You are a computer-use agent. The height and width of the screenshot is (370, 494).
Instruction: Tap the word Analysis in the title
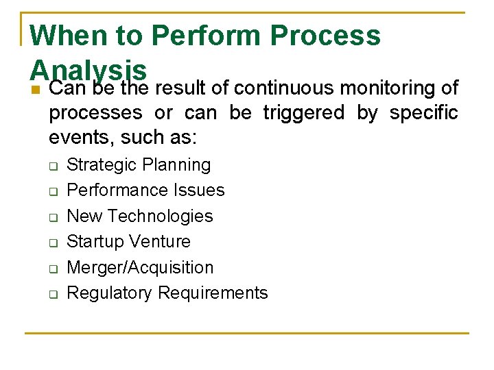click(x=89, y=69)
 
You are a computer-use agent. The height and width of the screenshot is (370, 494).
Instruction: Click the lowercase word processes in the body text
click(x=95, y=113)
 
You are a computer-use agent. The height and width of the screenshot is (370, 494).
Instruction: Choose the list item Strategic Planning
click(x=139, y=165)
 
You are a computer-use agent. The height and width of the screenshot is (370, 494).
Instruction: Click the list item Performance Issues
click(x=145, y=190)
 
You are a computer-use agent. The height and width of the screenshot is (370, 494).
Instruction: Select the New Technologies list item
click(x=140, y=216)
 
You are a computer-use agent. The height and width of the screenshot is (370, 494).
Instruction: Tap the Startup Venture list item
click(x=128, y=241)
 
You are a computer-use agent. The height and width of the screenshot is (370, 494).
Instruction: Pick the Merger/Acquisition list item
click(x=140, y=267)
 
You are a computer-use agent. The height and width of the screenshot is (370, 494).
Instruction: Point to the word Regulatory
click(x=110, y=293)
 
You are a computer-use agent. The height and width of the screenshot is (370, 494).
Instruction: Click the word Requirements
click(x=213, y=293)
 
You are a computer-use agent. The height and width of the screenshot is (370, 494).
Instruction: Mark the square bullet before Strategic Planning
click(x=52, y=166)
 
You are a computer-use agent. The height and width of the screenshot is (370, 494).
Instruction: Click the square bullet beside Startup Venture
click(x=52, y=243)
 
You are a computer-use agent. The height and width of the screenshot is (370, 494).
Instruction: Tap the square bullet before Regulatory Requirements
click(x=52, y=295)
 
